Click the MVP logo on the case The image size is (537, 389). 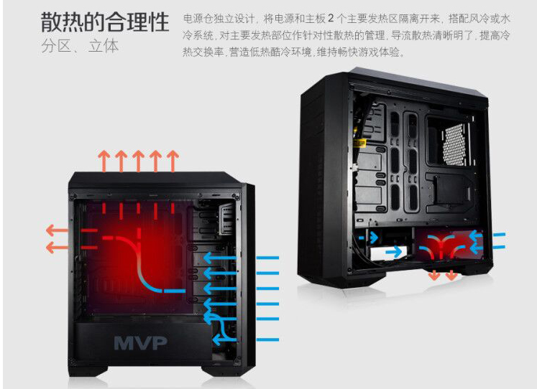(140, 343)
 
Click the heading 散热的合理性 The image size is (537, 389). (105, 22)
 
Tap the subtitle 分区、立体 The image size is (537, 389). (80, 46)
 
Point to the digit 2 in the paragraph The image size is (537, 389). (331, 18)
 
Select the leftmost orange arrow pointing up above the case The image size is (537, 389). (104, 161)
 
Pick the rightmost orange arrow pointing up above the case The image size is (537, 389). (173, 161)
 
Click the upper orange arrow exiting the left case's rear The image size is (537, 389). (57, 230)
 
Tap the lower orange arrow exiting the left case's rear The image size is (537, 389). (57, 247)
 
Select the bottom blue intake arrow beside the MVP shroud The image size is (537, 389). (246, 339)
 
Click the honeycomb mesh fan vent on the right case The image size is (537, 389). (457, 144)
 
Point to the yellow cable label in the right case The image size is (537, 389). (360, 143)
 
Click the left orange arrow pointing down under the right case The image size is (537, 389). (435, 274)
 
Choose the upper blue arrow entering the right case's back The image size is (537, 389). (487, 235)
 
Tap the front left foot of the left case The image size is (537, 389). (88, 370)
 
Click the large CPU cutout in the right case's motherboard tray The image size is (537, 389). (449, 141)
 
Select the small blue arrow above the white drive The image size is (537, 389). (369, 238)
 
